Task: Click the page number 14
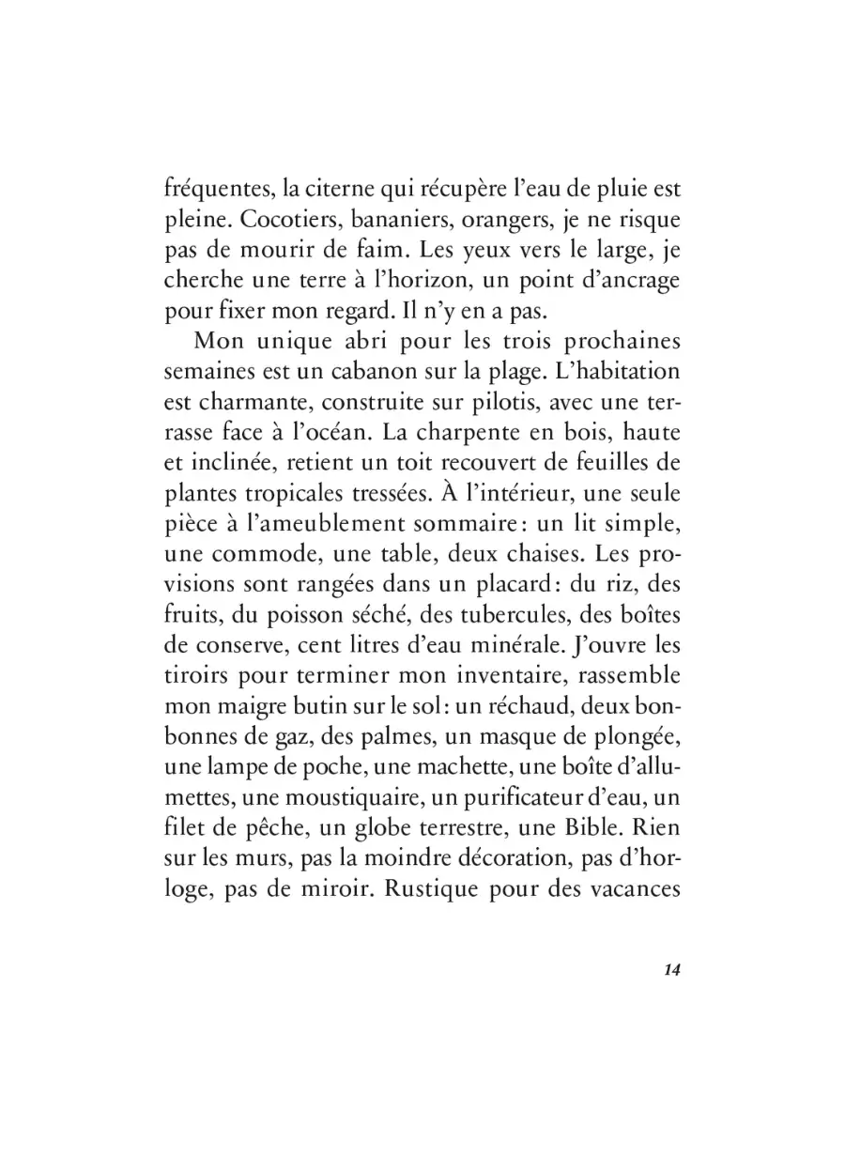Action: pyautogui.click(x=670, y=970)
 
